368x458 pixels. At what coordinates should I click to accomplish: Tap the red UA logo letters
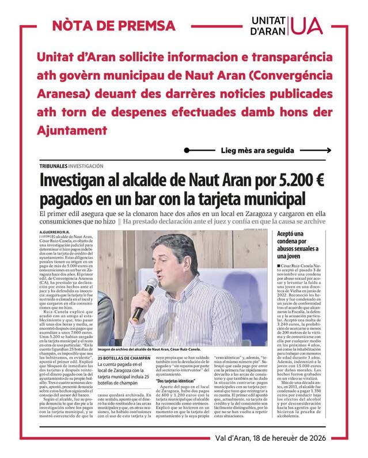[x=308, y=25]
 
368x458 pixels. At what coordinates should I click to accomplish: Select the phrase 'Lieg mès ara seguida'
[x=257, y=151]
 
